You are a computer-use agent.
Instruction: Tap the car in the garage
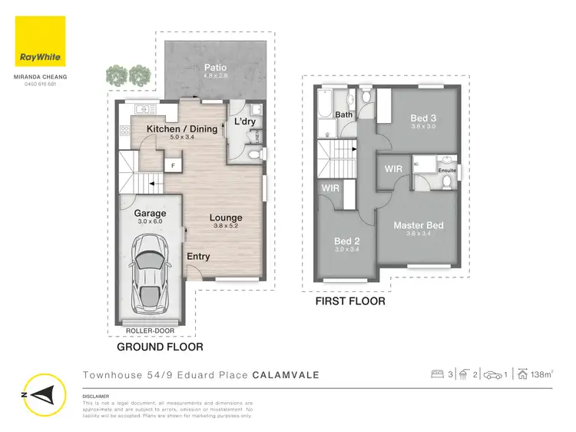(151, 270)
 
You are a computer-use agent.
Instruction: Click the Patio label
(215, 68)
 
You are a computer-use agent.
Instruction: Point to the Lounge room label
(226, 218)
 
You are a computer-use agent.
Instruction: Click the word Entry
(197, 257)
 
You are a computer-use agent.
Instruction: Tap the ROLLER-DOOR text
(151, 331)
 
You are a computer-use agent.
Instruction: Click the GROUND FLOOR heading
(160, 347)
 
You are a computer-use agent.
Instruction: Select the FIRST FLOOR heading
(350, 301)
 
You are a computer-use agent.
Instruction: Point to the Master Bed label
(419, 225)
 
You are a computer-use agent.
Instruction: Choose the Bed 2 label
(346, 241)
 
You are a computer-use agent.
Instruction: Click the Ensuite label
(447, 171)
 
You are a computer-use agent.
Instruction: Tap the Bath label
(344, 115)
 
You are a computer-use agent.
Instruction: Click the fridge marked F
(173, 165)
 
